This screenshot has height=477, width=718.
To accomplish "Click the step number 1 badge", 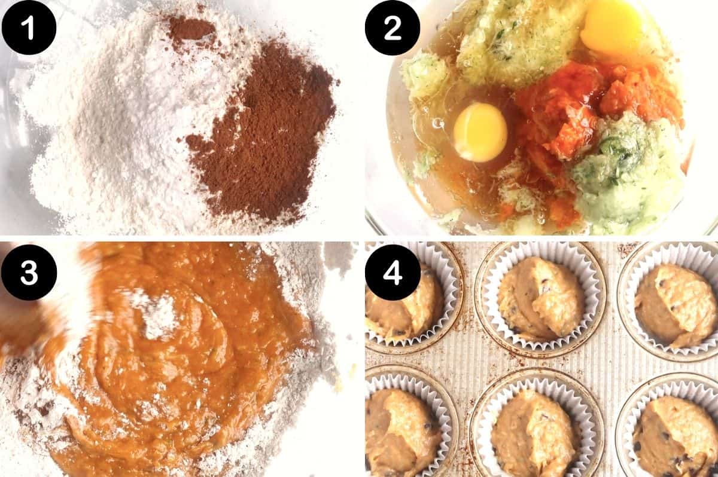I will [29, 28].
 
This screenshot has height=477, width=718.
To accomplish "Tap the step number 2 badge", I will [393, 28].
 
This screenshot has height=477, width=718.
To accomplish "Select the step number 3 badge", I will [29, 272].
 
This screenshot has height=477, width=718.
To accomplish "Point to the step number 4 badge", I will [393, 272].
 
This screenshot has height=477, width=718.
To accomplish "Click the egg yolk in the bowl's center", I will [480, 132].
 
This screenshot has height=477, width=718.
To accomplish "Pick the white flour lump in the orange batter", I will [159, 314].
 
